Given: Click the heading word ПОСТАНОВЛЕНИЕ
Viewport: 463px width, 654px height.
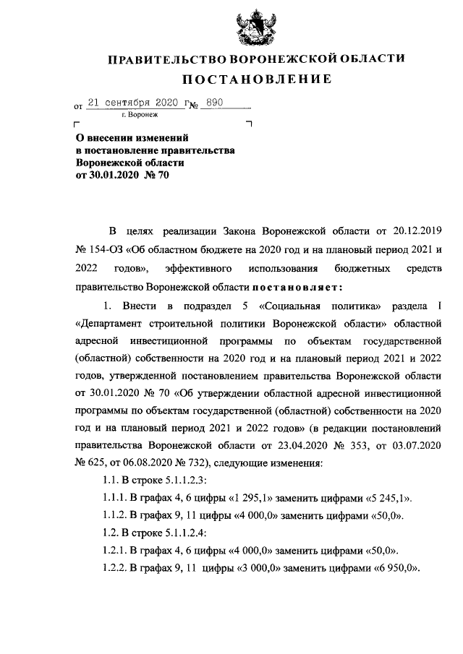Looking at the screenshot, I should click(256, 79).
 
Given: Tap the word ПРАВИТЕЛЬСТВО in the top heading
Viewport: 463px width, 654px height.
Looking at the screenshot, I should click(168, 59).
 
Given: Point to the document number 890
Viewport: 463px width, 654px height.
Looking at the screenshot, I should click(215, 103).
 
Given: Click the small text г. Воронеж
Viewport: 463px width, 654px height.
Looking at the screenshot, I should click(140, 115).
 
